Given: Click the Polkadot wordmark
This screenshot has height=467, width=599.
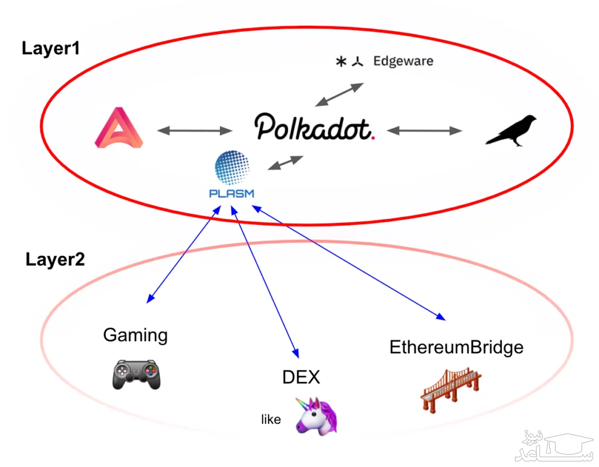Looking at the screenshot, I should pos(313,128).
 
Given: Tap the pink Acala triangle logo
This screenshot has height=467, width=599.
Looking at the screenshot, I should pos(119,127).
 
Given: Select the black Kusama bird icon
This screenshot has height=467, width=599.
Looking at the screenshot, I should pos(511,129).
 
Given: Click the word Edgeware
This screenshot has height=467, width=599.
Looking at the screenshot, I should pos(403,61).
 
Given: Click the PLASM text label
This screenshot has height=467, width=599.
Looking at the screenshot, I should pos(232,193).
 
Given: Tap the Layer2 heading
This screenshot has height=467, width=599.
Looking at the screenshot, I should pos(55,259).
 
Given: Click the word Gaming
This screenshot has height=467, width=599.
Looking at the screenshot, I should pos(135,335).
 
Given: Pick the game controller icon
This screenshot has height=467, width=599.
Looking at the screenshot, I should pos(136,374).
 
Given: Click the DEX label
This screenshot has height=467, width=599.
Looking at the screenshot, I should pos(301,377).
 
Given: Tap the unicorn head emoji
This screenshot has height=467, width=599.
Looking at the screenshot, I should pos(316,414).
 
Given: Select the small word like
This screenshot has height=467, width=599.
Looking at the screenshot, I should pos(271,420).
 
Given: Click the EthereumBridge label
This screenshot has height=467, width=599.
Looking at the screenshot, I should pos(456,347).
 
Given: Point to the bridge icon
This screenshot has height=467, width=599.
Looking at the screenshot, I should pos(451,390).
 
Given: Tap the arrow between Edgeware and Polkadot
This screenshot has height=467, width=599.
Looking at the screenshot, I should pos(339,94).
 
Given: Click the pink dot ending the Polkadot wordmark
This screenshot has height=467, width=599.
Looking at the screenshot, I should pos(373,138).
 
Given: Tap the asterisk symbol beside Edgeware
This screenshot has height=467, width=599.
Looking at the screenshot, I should pos(341,61).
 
